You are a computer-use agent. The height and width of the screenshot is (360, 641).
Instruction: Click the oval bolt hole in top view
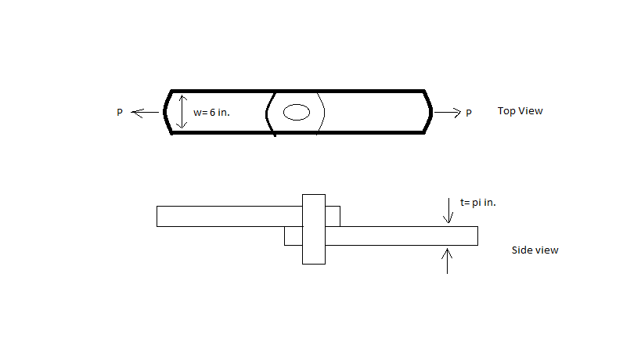tap(296, 112)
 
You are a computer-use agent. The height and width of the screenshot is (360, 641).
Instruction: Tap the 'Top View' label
tap(520, 111)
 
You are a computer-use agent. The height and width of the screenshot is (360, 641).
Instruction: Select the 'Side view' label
tap(535, 250)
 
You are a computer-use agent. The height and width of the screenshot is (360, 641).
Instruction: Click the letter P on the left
tap(120, 113)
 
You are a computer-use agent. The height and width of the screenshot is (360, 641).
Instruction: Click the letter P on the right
tap(469, 113)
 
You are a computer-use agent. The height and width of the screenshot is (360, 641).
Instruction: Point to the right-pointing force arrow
tap(448, 113)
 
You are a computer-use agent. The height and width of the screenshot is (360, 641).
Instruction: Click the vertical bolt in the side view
tap(313, 229)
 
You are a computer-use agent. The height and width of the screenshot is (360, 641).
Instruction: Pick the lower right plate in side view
tap(399, 236)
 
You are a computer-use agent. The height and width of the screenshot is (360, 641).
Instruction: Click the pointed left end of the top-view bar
tap(167, 112)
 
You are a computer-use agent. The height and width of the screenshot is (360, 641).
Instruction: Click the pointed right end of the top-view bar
tap(430, 112)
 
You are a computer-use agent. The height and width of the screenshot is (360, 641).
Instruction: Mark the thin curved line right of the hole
tap(322, 113)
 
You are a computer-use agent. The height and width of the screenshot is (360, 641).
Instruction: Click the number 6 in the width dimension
tap(213, 113)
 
